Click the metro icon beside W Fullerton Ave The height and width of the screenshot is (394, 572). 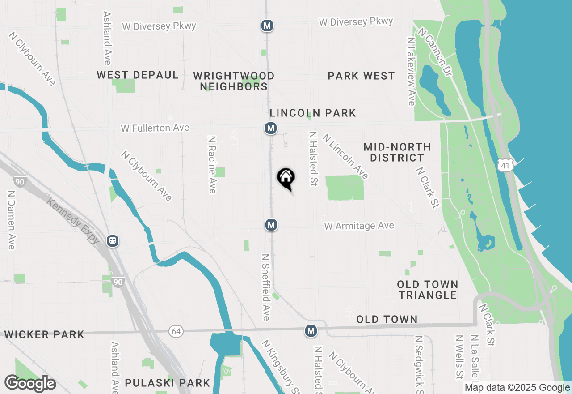click(x=270, y=128)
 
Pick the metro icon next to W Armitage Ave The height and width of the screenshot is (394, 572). click(x=270, y=225)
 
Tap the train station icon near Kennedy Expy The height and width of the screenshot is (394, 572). click(x=113, y=241)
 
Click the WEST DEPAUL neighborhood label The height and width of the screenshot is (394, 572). click(x=138, y=75)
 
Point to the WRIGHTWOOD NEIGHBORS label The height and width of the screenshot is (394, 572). click(x=234, y=81)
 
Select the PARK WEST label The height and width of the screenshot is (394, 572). click(x=361, y=76)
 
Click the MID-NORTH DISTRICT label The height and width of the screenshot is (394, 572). click(x=397, y=152)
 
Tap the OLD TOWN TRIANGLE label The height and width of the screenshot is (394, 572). click(x=428, y=290)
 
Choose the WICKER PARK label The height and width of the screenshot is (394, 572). click(x=44, y=334)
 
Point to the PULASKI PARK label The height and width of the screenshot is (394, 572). click(x=168, y=383)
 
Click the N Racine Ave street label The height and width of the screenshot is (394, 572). click(x=212, y=165)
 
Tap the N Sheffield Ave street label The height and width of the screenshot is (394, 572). click(x=266, y=287)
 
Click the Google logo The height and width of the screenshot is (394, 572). click(x=30, y=384)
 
